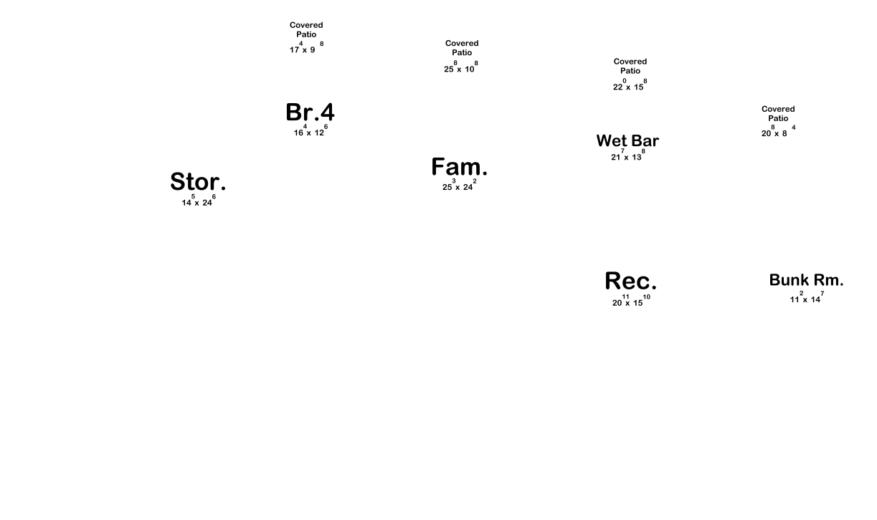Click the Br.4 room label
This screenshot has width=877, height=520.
click(x=310, y=113)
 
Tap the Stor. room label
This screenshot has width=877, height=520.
click(x=198, y=183)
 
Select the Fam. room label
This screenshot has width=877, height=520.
click(x=459, y=168)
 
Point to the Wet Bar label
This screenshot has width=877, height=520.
click(x=627, y=141)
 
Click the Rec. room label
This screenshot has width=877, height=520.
click(x=630, y=281)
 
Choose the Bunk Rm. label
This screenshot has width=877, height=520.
click(x=806, y=281)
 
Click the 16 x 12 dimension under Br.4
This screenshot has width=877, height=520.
click(x=310, y=132)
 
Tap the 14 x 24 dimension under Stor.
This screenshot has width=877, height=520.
click(x=198, y=202)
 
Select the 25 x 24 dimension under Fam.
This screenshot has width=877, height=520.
click(x=459, y=186)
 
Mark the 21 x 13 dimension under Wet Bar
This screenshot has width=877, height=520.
click(x=627, y=156)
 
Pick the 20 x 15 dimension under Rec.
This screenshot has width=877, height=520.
click(x=630, y=302)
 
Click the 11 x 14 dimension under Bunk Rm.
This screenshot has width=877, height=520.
click(x=806, y=299)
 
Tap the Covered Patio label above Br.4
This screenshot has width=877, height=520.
click(x=306, y=30)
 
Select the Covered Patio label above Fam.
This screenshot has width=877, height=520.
click(x=462, y=48)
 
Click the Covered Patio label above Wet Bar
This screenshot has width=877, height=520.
click(x=630, y=67)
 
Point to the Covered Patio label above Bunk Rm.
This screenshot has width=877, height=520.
click(x=778, y=114)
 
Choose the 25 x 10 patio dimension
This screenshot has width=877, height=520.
click(x=460, y=68)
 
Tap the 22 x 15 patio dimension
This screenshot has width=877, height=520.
click(x=630, y=86)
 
